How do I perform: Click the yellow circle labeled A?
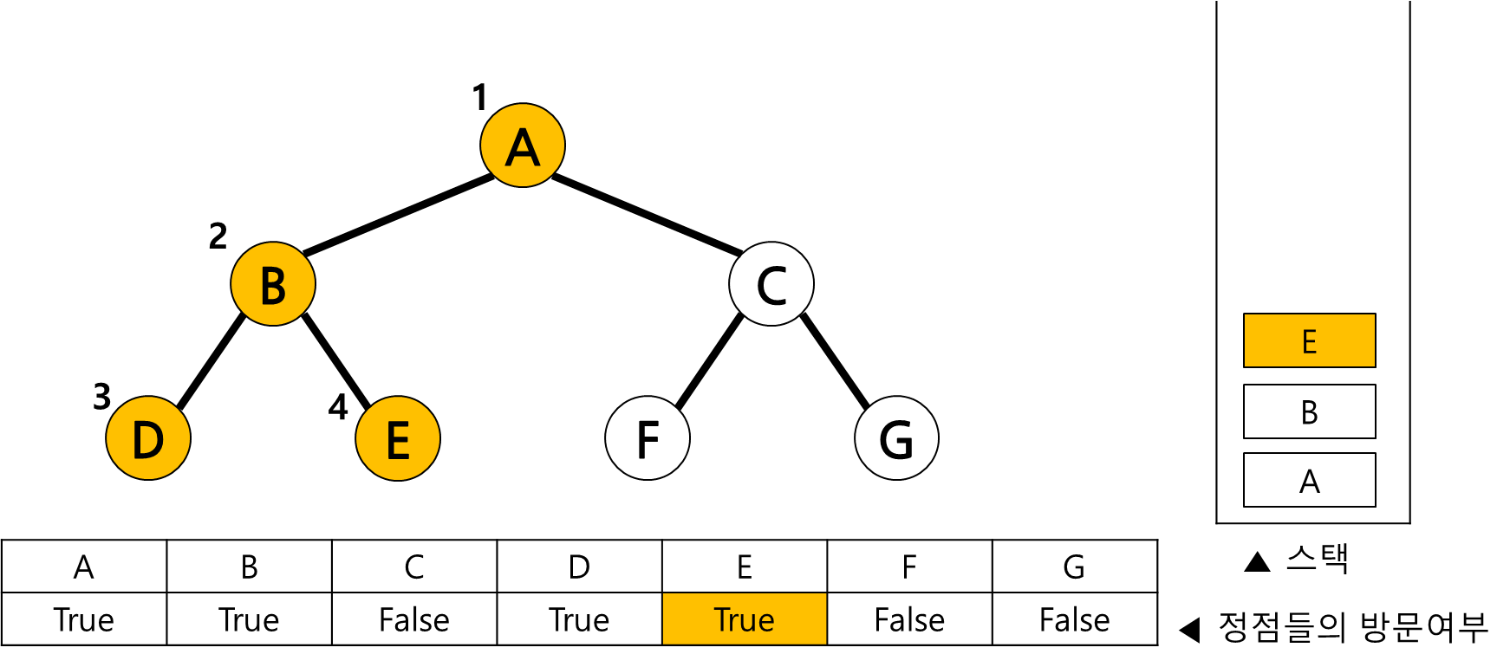[523, 146]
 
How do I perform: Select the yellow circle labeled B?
[273, 284]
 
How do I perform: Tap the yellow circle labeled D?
[148, 438]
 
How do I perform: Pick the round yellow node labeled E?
[398, 438]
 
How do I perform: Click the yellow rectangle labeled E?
[1309, 340]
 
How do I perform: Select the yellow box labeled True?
[745, 618]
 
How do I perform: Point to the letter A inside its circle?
[523, 147]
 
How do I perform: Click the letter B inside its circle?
[273, 286]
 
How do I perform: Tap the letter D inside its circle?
[148, 440]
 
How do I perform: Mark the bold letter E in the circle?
[398, 440]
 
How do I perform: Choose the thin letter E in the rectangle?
[1309, 342]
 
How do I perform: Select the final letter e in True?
[766, 624]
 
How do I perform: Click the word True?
[744, 620]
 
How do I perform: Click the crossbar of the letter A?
[523, 154]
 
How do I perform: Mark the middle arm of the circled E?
[397, 439]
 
